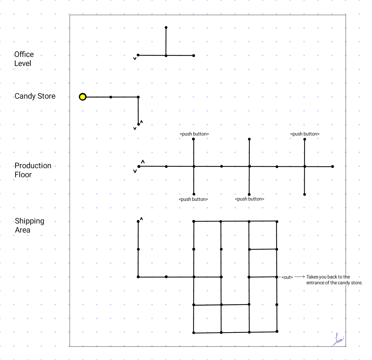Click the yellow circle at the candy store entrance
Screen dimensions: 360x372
click(83, 97)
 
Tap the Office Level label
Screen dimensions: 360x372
click(24, 59)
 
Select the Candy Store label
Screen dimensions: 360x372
click(35, 96)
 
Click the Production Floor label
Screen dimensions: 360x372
click(33, 170)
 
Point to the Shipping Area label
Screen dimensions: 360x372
click(29, 225)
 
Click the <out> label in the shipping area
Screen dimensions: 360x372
click(287, 277)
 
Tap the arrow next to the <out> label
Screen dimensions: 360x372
click(300, 277)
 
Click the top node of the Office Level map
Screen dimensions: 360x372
click(166, 27)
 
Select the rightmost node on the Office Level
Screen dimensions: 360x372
click(194, 56)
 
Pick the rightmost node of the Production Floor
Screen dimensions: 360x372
click(333, 167)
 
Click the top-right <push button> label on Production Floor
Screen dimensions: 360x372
click(305, 134)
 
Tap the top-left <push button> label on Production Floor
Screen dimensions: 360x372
click(194, 134)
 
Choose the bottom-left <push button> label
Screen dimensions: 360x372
click(193, 199)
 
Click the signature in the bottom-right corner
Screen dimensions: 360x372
click(338, 339)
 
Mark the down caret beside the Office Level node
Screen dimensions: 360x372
click(135, 59)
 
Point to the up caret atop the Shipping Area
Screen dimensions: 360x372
click(142, 219)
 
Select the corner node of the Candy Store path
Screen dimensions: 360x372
click(138, 97)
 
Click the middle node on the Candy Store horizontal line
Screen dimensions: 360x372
click(111, 97)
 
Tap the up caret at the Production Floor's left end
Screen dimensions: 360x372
click(143, 162)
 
